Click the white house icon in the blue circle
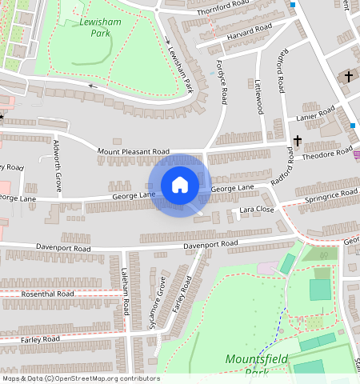[x=180, y=185]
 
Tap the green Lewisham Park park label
[x=101, y=28]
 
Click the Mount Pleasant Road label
[x=134, y=151]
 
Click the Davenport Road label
[x=210, y=244]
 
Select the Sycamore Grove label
[x=162, y=302]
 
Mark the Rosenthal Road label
[x=48, y=294]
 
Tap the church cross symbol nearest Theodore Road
[x=297, y=142]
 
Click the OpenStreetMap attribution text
[x=80, y=378]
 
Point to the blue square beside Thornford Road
[x=293, y=6]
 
